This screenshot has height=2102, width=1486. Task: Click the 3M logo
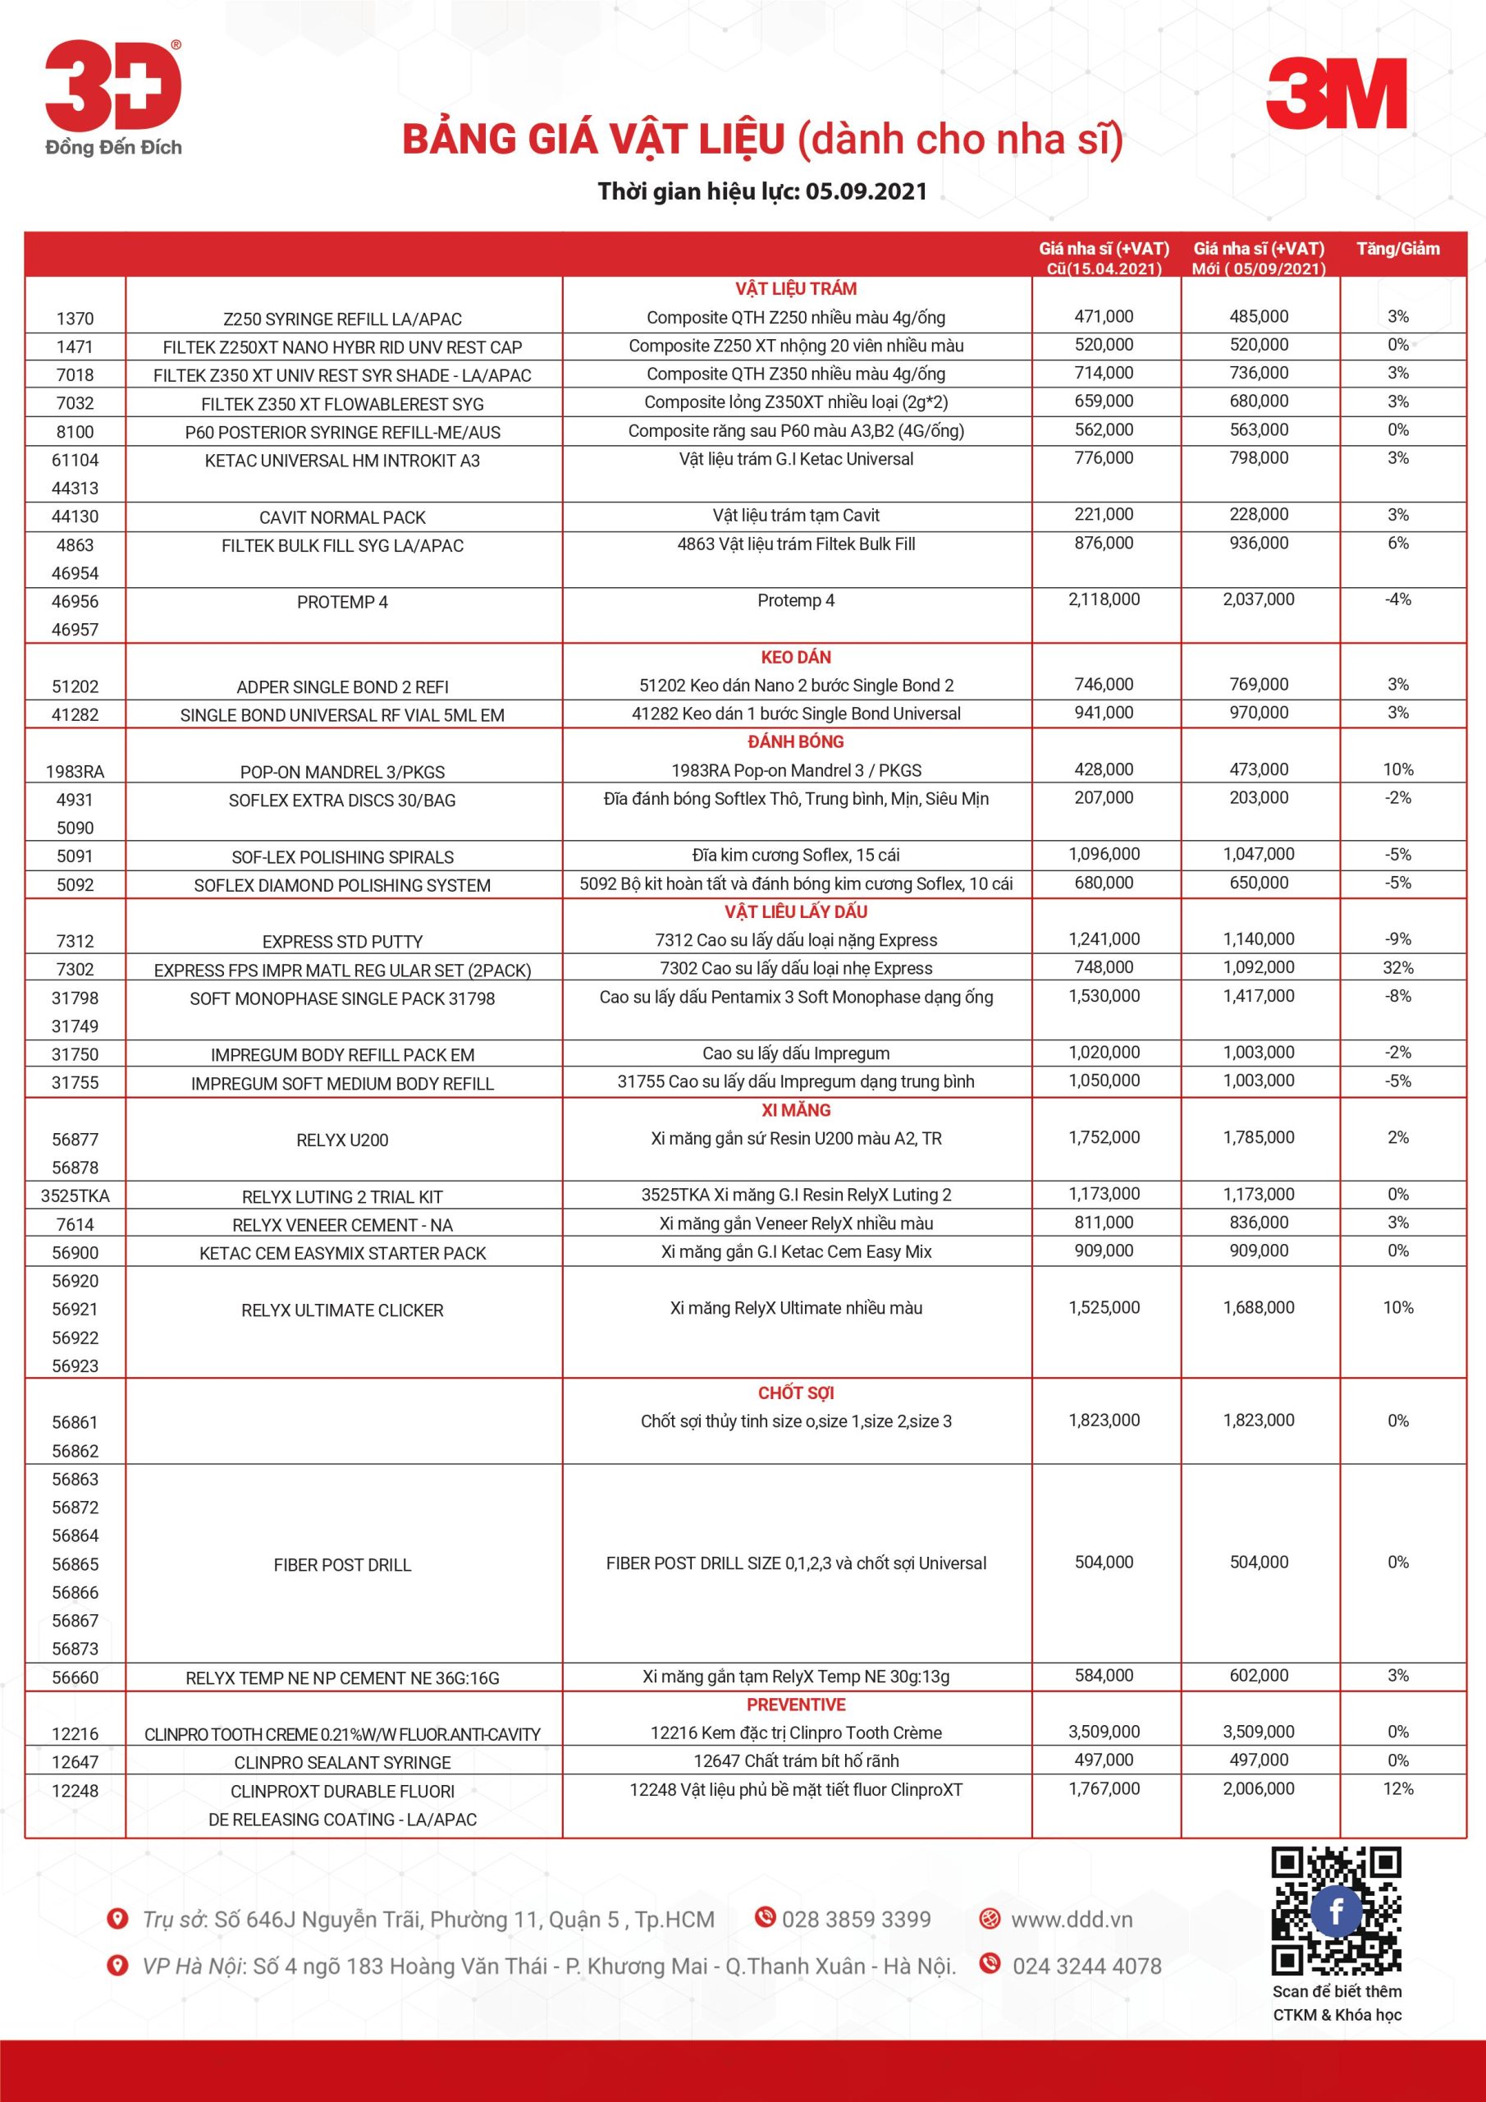pyautogui.click(x=1336, y=94)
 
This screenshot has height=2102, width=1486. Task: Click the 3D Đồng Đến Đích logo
pyautogui.click(x=113, y=97)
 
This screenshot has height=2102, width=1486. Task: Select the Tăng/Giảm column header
pyautogui.click(x=1397, y=249)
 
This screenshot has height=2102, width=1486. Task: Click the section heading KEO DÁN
pyautogui.click(x=795, y=658)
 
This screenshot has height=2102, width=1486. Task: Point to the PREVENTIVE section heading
pyautogui.click(x=795, y=1705)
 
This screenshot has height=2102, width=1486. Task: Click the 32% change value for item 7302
pyautogui.click(x=1397, y=968)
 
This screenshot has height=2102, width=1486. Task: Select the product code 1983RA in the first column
pyautogui.click(x=75, y=772)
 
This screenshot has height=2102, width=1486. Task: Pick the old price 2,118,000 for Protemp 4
pyautogui.click(x=1104, y=599)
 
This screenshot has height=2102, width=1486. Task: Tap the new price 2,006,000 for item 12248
pyautogui.click(x=1258, y=1789)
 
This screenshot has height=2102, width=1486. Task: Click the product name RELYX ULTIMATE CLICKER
pyautogui.click(x=342, y=1310)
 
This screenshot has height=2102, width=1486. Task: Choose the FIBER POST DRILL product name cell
pyautogui.click(x=342, y=1565)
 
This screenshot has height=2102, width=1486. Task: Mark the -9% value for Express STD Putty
pyautogui.click(x=1397, y=939)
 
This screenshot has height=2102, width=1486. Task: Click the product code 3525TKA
pyautogui.click(x=75, y=1196)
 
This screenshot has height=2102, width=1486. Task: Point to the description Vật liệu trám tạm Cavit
pyautogui.click(x=795, y=516)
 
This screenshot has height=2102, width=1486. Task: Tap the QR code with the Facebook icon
pyautogui.click(x=1336, y=1910)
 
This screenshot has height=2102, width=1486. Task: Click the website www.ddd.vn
pyautogui.click(x=1071, y=1920)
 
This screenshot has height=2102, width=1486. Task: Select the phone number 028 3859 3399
pyautogui.click(x=856, y=1920)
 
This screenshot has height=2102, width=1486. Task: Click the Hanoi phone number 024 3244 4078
pyautogui.click(x=1086, y=1966)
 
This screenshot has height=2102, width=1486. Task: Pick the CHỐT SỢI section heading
pyautogui.click(x=795, y=1393)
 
